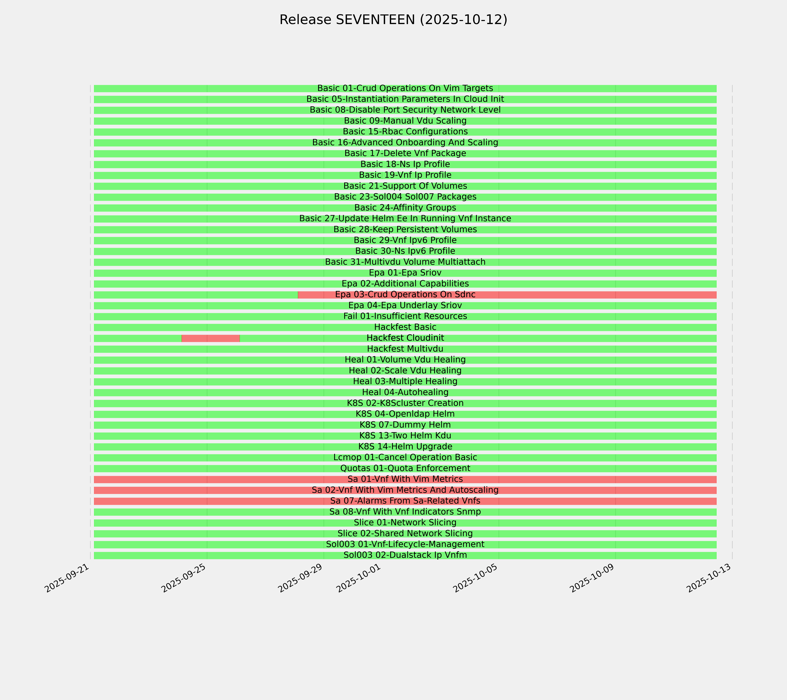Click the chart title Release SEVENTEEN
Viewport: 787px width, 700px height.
click(x=393, y=20)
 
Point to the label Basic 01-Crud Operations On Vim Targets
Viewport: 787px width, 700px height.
click(x=405, y=88)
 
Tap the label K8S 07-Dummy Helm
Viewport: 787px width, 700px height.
click(x=405, y=425)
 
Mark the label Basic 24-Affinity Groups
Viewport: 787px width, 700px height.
click(x=405, y=208)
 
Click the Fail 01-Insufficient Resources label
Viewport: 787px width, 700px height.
click(x=405, y=316)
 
